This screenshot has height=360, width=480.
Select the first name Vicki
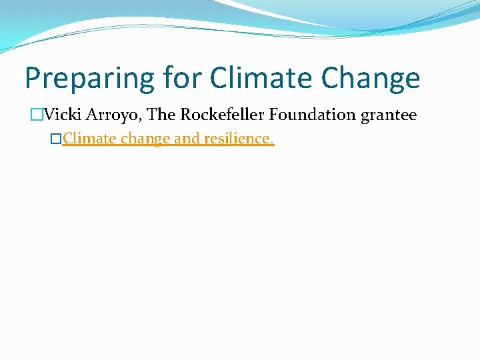tap(60, 115)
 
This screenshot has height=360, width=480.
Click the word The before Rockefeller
tap(161, 115)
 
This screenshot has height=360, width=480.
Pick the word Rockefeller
tap(222, 115)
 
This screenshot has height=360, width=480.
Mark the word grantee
tap(389, 115)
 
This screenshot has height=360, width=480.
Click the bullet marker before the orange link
tap(56, 140)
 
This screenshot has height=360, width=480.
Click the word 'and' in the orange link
tap(187, 140)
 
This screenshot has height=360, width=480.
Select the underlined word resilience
tap(235, 140)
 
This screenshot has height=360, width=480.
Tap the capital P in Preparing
tap(32, 79)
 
